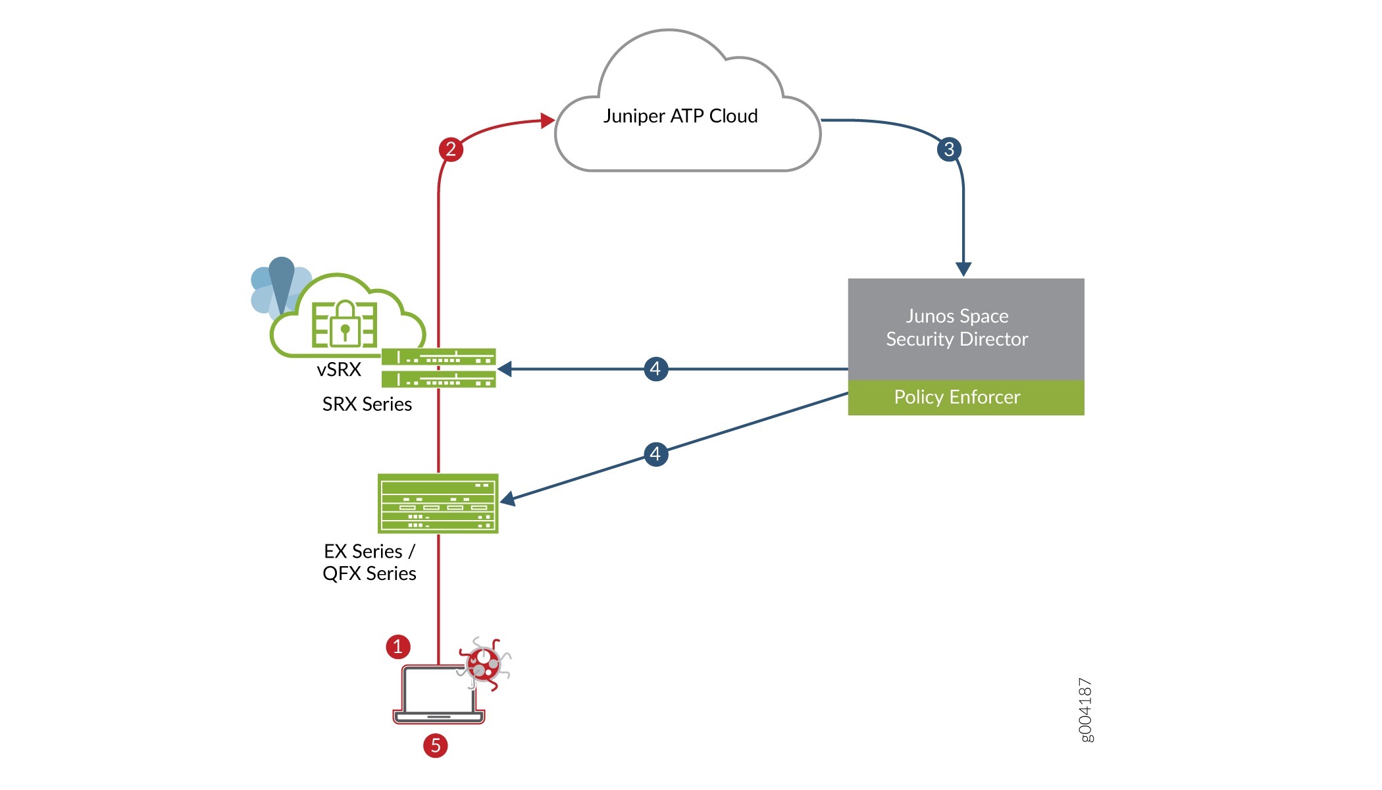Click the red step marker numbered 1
398,646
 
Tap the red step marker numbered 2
451,149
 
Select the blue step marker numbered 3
948,149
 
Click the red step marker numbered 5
435,745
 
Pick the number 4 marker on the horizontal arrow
655,369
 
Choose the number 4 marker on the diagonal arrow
655,454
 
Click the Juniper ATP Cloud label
680,117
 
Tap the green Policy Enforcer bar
965,398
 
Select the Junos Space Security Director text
957,328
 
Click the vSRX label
339,370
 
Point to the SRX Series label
367,404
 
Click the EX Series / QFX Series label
369,562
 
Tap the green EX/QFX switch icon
438,503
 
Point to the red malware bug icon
484,664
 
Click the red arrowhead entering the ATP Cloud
547,120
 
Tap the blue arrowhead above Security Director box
963,269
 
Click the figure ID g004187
1086,710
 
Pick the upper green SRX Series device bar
438,357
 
